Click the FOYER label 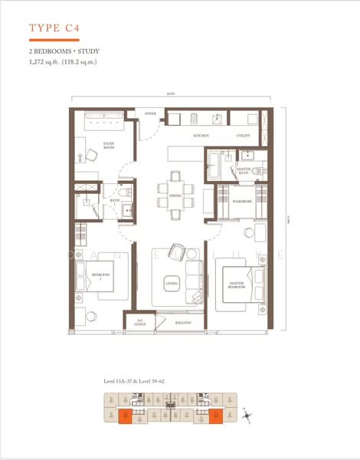tap(150, 114)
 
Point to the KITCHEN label tap(201, 136)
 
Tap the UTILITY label tap(244, 136)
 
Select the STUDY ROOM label tap(110, 146)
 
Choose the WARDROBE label tap(244, 202)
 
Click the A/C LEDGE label tap(140, 323)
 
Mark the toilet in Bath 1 tap(126, 190)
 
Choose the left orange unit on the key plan tap(125, 416)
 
